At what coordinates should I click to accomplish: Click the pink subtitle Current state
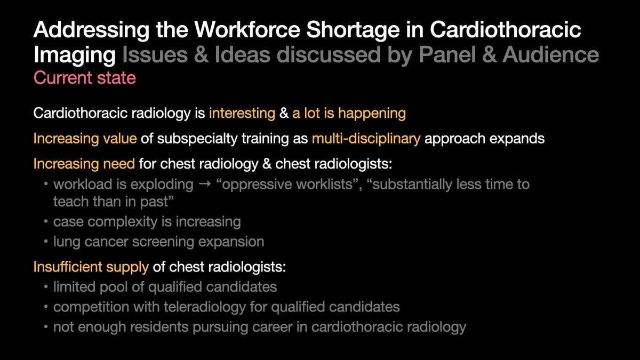coord(85,78)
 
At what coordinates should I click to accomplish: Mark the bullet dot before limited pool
coord(46,287)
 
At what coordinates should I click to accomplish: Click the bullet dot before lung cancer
coord(46,242)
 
